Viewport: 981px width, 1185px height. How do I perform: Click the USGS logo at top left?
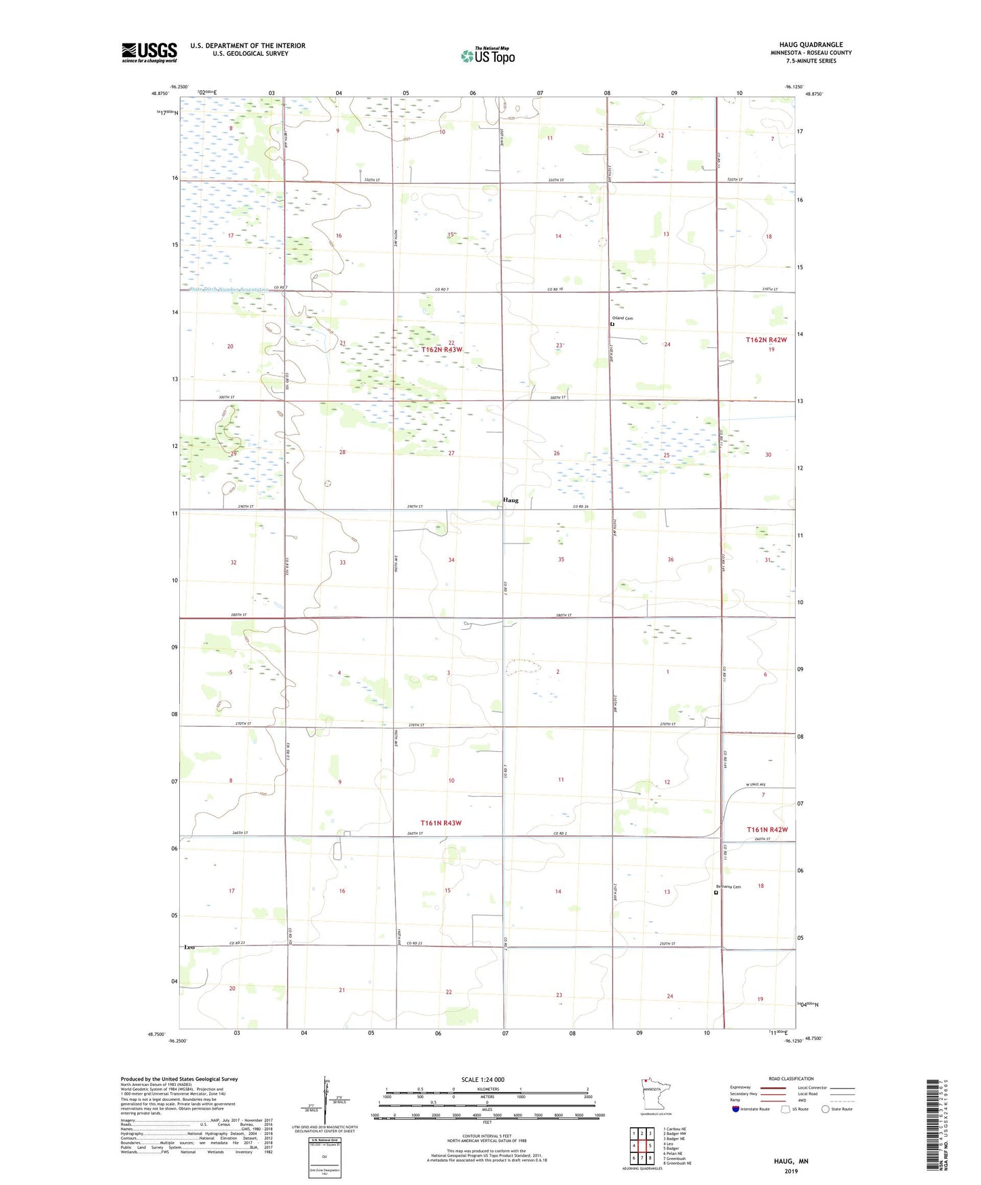tap(149, 52)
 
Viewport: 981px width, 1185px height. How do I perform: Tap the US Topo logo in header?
tap(487, 55)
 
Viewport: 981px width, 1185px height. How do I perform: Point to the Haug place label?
tap(511, 500)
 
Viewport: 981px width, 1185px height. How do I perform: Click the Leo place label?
tap(189, 947)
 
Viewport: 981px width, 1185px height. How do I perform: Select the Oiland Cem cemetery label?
tap(622, 318)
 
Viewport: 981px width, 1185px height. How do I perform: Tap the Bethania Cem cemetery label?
tap(728, 886)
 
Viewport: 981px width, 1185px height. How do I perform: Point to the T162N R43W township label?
tap(441, 350)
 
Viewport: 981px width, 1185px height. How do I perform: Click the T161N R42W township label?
tap(767, 829)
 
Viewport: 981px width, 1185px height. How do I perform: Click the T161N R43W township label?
tap(441, 823)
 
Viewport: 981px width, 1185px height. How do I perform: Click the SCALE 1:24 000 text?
tap(483, 1079)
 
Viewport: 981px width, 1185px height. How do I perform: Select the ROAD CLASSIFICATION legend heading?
tap(791, 1078)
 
